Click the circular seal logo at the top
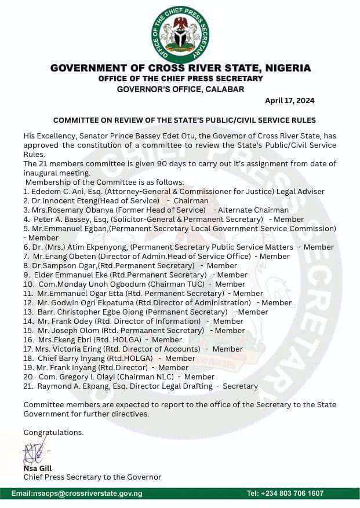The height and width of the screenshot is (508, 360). tap(180, 34)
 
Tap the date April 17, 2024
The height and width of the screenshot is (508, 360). tap(290, 100)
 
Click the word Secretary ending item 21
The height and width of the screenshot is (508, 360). tap(241, 386)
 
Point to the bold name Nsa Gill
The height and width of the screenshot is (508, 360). tap(38, 468)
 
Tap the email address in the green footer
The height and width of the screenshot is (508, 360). tap(77, 494)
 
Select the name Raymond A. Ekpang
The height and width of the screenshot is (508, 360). tap(66, 386)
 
